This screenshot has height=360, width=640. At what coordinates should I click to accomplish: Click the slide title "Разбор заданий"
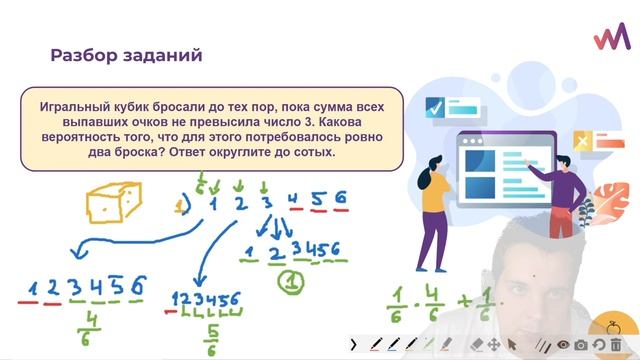(x=126, y=55)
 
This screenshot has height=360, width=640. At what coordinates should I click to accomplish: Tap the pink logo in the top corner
(x=611, y=37)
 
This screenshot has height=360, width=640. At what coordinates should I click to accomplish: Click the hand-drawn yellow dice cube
(x=111, y=205)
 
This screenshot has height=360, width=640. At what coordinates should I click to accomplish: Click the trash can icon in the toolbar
(x=616, y=344)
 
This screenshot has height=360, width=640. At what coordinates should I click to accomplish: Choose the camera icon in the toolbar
(x=580, y=344)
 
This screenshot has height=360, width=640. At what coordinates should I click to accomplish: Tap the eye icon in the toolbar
(x=564, y=344)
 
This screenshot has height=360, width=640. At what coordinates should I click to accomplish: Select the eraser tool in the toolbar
(x=477, y=344)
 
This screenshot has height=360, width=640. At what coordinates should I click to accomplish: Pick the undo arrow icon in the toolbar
(x=598, y=344)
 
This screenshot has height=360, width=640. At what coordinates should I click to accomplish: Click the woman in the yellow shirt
(x=436, y=210)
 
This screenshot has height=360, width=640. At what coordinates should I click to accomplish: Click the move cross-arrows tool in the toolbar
(x=495, y=344)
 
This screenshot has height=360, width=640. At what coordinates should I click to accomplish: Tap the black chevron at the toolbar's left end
(x=354, y=344)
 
